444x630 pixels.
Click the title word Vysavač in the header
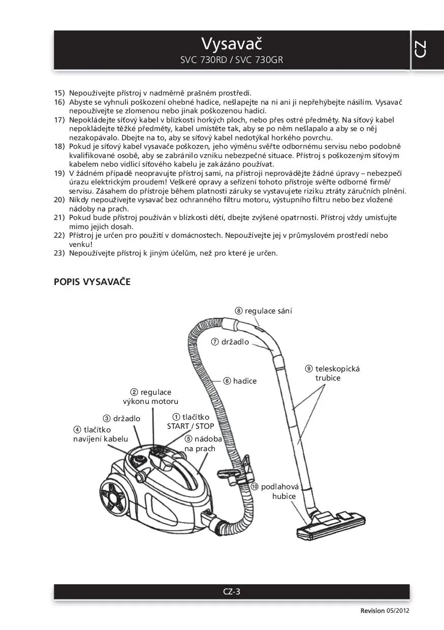coord(231,43)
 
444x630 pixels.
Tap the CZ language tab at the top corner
coord(420,49)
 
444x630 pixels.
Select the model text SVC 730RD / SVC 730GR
coord(231,60)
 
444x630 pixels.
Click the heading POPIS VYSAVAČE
coord(92,282)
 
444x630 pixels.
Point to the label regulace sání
coord(268,311)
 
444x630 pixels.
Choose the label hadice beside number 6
coord(245,381)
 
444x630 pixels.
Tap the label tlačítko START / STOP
coord(191,422)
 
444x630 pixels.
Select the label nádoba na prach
coord(201,444)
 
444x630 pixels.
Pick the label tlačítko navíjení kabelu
coord(101,434)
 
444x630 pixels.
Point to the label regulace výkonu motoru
coord(151,397)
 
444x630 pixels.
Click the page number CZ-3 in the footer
coord(231,591)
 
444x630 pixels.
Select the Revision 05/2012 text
coord(385,611)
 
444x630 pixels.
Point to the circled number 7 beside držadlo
coord(215,342)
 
